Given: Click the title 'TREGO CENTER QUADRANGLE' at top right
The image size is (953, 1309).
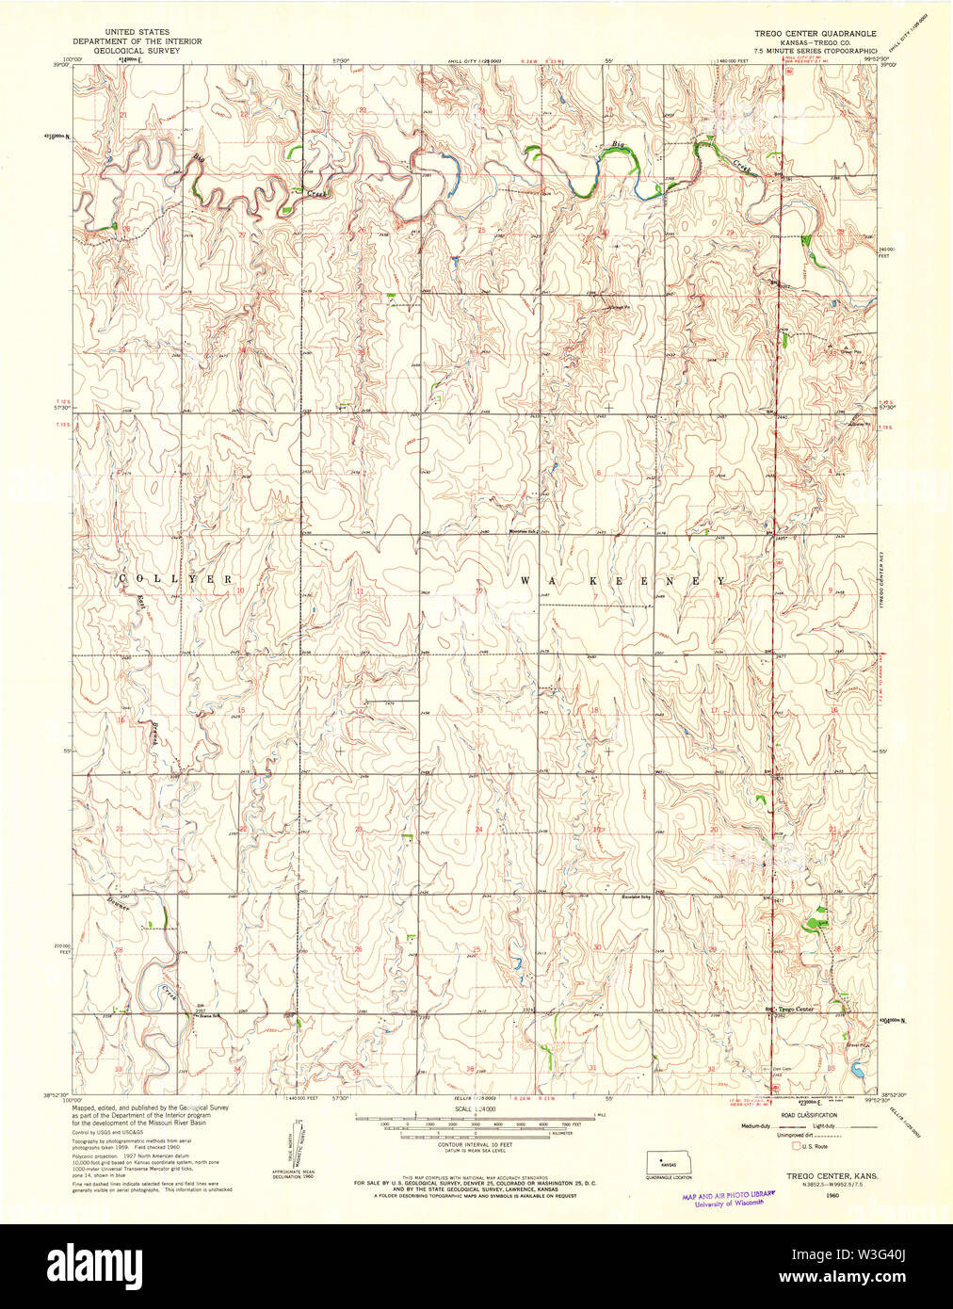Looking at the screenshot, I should (814, 33).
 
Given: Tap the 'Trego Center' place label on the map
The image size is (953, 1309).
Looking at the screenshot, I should (799, 1010).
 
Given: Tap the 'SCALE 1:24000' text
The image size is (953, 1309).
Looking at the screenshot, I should (474, 1110).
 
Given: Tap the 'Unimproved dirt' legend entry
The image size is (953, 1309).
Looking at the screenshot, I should (763, 1137).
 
